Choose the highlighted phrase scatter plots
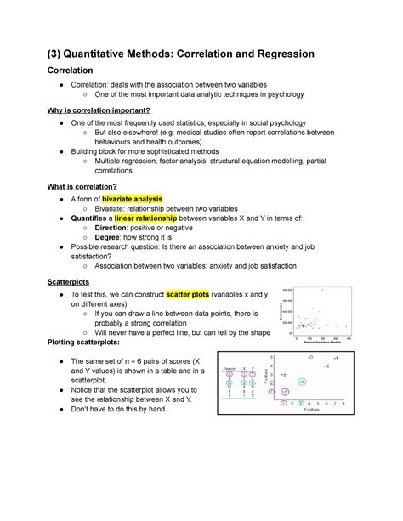[x=203, y=293]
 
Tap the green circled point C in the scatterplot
[x=303, y=382]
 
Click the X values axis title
[x=308, y=411]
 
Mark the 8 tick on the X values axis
[x=342, y=403]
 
